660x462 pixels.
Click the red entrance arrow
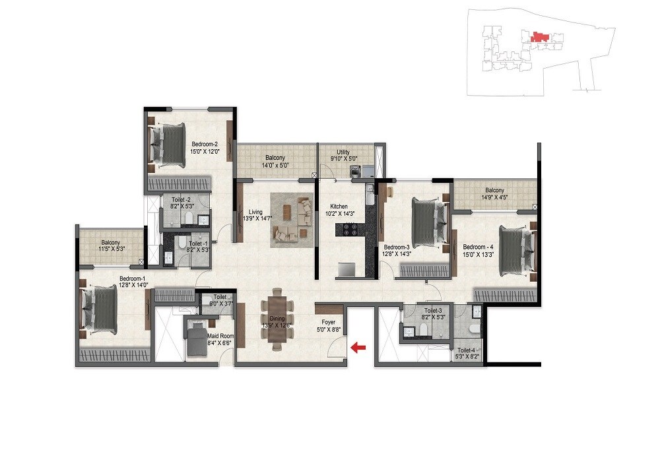[358, 346]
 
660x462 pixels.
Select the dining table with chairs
[277, 319]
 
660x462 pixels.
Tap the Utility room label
[343, 152]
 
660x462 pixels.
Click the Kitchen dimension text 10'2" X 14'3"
[339, 213]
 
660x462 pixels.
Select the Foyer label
[328, 323]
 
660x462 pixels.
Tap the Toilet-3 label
[433, 310]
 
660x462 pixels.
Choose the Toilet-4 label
[466, 351]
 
